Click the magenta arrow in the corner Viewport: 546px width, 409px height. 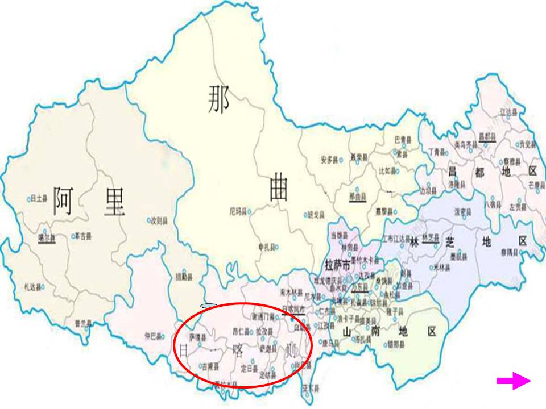514,381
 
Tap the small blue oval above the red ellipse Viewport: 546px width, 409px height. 209,306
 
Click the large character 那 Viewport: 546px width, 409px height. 218,100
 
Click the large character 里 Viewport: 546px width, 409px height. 113,202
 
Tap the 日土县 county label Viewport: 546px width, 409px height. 39,199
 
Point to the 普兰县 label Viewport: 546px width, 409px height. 83,324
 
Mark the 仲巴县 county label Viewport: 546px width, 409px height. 154,335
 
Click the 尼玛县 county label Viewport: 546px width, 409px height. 238,211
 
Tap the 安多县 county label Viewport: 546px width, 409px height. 330,160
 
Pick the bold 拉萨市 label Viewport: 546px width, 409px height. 336,265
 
